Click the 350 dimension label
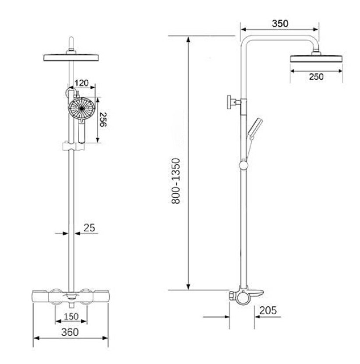(x=280, y=24)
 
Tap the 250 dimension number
(x=316, y=77)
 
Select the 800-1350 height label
(x=176, y=181)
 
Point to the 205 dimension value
(x=268, y=310)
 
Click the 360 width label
(x=70, y=332)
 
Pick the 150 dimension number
(x=71, y=316)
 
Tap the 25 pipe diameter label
(x=89, y=228)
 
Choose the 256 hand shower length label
(x=103, y=119)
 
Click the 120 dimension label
(x=81, y=83)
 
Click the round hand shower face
(x=81, y=108)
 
